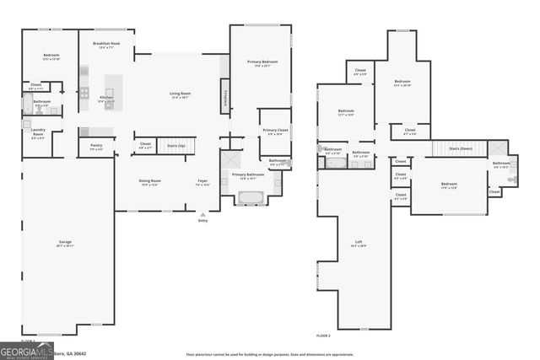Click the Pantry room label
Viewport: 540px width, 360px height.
(x=96, y=147)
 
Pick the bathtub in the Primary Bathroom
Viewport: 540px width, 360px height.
(x=251, y=198)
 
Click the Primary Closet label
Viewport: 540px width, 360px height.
(x=275, y=132)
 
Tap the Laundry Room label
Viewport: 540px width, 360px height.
(x=37, y=133)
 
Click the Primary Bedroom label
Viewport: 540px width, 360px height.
(x=262, y=62)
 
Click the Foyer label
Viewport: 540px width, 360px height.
(x=202, y=182)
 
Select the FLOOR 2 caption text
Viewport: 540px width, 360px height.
(x=324, y=336)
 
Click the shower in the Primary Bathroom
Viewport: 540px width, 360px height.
(x=230, y=159)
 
